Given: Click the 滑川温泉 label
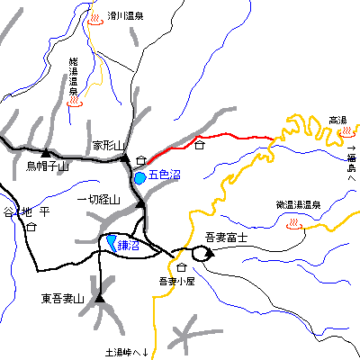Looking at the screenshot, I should coord(125,15).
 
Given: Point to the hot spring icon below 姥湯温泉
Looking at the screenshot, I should coord(75,103).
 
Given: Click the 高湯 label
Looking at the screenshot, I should coord(337,120).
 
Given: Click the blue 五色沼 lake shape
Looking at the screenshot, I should coord(139,178).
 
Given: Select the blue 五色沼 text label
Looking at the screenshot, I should coord(165,175).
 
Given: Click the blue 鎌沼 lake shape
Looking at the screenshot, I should coord(111,242).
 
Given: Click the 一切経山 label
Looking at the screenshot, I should coord(99,200).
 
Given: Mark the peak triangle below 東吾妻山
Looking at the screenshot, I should coord(99,296).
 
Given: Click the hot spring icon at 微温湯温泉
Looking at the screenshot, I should coord(292,227).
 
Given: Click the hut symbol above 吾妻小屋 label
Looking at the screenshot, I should coord(182,268).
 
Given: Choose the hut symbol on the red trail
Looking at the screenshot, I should coord(200,144).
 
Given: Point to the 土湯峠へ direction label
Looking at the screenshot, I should coord(126,351).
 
